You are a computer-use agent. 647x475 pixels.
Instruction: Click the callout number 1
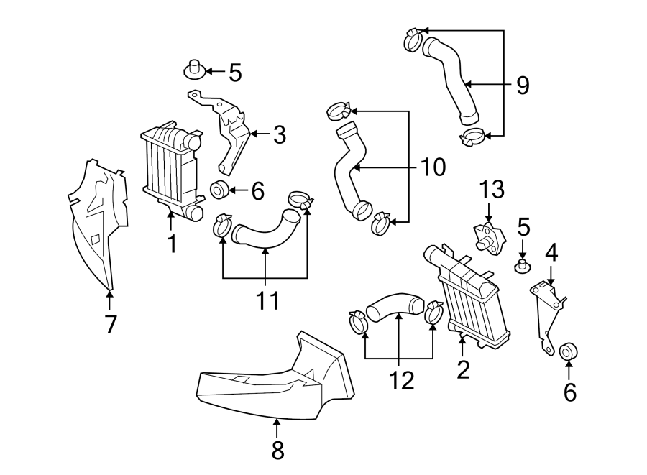pyautogui.click(x=172, y=244)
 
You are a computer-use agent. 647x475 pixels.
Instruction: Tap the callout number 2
pyautogui.click(x=463, y=369)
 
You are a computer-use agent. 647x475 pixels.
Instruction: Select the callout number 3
pyautogui.click(x=279, y=134)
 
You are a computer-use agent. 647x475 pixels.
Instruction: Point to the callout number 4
pyautogui.click(x=551, y=254)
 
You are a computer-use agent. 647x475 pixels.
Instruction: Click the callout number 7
pyautogui.click(x=110, y=324)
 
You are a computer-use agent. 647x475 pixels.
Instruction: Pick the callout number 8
pyautogui.click(x=277, y=451)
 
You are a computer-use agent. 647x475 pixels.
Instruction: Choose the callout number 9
pyautogui.click(x=522, y=86)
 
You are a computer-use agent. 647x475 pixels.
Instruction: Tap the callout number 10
pyautogui.click(x=431, y=167)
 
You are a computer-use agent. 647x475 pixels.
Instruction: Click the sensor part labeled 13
pyautogui.click(x=488, y=236)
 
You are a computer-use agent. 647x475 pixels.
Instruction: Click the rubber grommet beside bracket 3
pyautogui.click(x=220, y=191)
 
